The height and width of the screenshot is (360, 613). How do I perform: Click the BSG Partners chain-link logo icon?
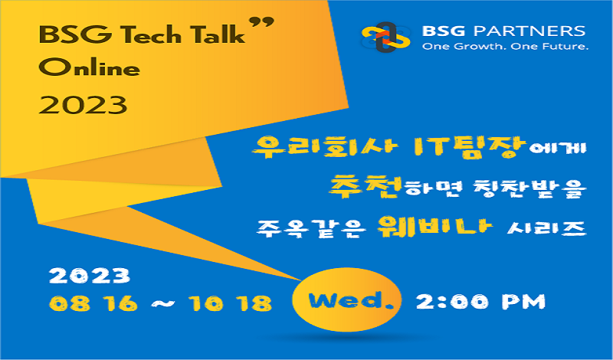[x=386, y=37]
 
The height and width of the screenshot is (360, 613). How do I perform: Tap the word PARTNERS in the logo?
[x=529, y=31]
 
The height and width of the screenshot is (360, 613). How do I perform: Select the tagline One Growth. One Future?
[x=505, y=47]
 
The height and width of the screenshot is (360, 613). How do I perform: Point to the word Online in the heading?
[x=89, y=68]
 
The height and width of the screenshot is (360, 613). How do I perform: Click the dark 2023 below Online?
[x=83, y=104]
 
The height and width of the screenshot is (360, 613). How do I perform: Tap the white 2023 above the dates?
[x=90, y=276]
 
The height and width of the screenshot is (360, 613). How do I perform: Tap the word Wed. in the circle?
[x=346, y=300]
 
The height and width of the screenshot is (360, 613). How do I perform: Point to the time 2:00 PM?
[x=480, y=302]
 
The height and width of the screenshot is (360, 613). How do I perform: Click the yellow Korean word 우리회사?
[x=325, y=147]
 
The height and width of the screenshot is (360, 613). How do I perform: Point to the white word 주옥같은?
[x=311, y=228]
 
